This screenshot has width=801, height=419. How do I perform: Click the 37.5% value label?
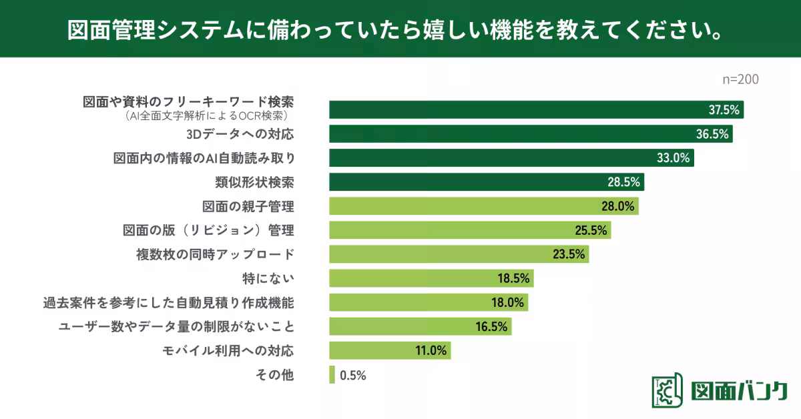pos(724,110)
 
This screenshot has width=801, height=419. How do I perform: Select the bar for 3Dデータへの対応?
pos(531,134)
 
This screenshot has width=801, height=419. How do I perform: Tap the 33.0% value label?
pos(675,158)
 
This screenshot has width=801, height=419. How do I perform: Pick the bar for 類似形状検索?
pos(486,182)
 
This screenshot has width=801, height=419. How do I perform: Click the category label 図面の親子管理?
pos(248,206)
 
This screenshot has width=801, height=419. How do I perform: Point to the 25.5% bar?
pos(469,230)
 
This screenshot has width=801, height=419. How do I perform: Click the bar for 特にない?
pos(431,278)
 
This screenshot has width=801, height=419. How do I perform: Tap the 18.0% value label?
pos(507,302)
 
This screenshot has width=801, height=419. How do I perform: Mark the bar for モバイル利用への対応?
pos(389,350)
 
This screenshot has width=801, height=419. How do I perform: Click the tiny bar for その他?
pos(332,374)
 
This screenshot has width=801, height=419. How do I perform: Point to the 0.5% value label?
pos(352,375)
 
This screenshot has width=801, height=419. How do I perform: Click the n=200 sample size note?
pos(741,79)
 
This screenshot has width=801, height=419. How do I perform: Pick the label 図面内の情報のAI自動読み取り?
pos(204,158)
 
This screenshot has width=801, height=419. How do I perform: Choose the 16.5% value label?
pos(491,326)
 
